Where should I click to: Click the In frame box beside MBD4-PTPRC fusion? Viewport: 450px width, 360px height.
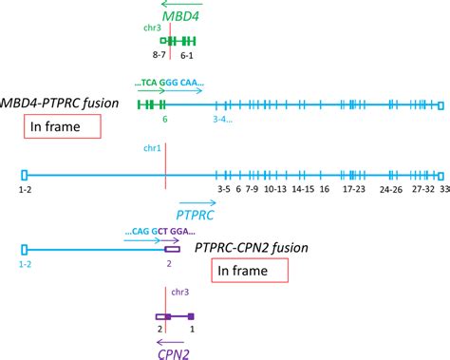62,127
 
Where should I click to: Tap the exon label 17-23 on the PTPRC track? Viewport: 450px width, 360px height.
353,190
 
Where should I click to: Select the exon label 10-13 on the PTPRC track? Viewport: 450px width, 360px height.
275,190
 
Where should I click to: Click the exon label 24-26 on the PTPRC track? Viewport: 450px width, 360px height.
390,190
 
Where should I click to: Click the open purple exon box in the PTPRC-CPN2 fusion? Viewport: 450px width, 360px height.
172,249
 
